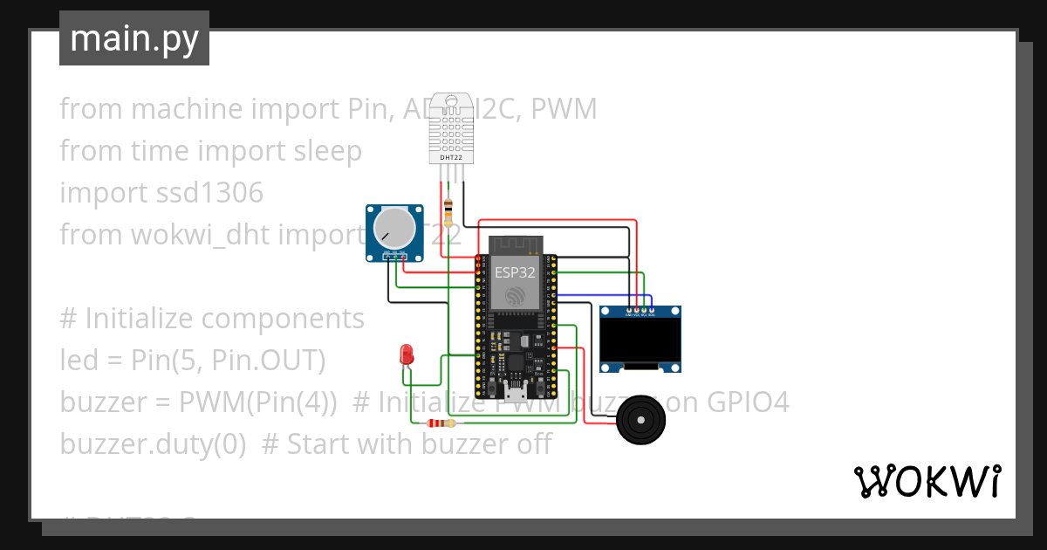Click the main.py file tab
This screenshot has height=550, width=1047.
pos(133,38)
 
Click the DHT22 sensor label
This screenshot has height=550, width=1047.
pos(450,157)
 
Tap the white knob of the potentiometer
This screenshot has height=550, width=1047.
pos(393,228)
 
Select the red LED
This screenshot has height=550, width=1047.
pos(406,354)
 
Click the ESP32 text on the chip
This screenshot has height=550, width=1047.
pos(515,272)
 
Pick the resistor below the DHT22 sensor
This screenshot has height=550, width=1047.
pos(448,210)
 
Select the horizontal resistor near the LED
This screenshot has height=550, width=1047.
pos(439,423)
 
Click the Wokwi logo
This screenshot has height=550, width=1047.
pos(926,482)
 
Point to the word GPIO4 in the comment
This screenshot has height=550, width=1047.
pos(747,402)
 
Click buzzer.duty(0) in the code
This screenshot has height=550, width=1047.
pos(153,443)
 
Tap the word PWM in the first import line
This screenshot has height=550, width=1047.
pos(564,109)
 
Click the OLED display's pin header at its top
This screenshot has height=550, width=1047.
pos(640,311)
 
